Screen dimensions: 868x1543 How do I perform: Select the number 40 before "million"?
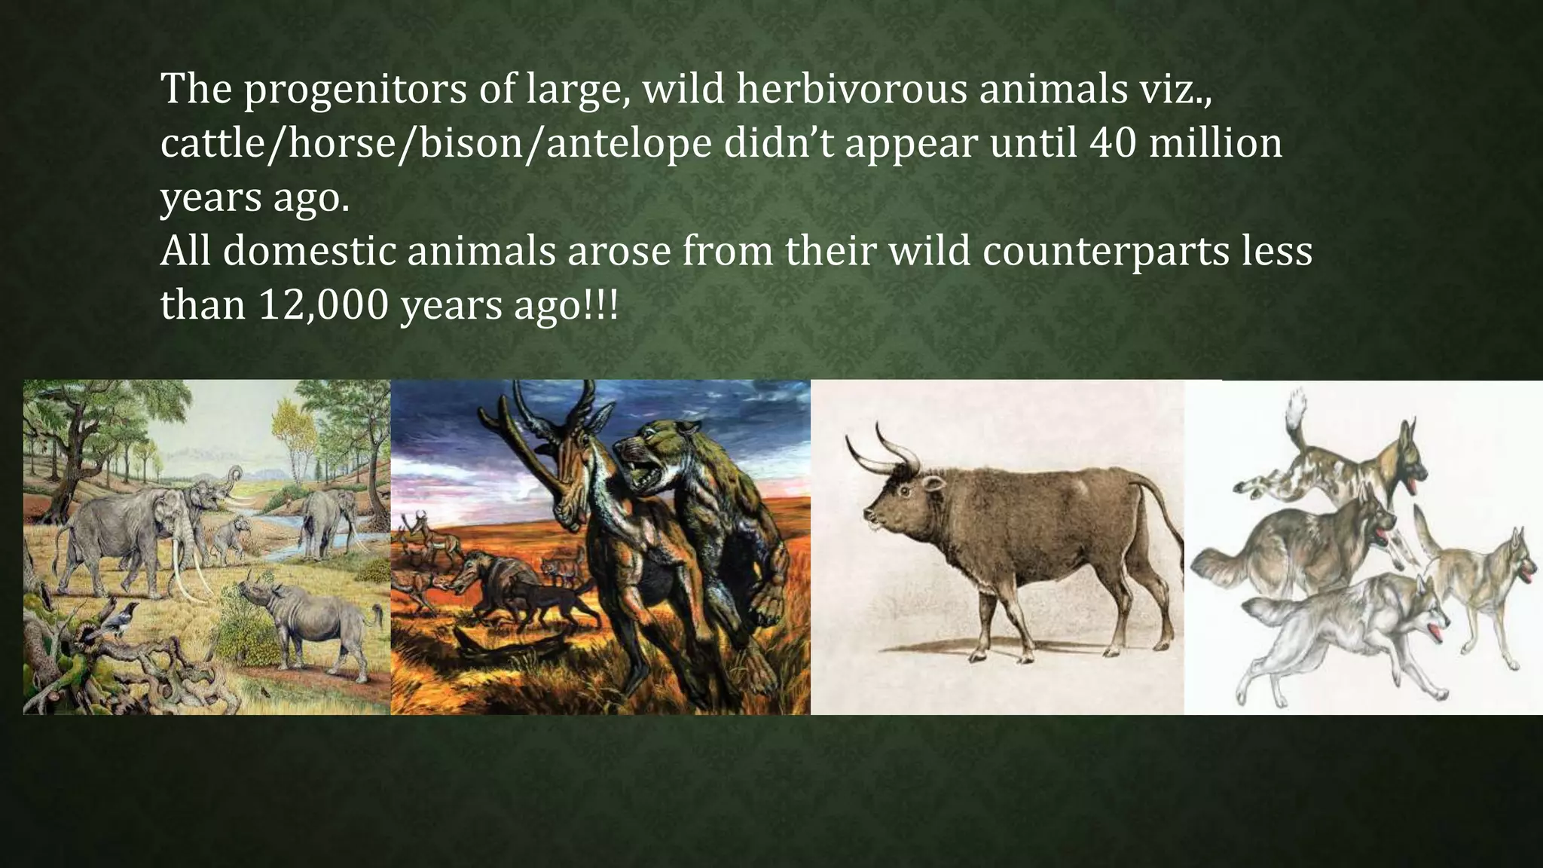(x=1113, y=142)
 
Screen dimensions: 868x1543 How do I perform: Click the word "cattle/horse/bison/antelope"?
(x=435, y=143)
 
